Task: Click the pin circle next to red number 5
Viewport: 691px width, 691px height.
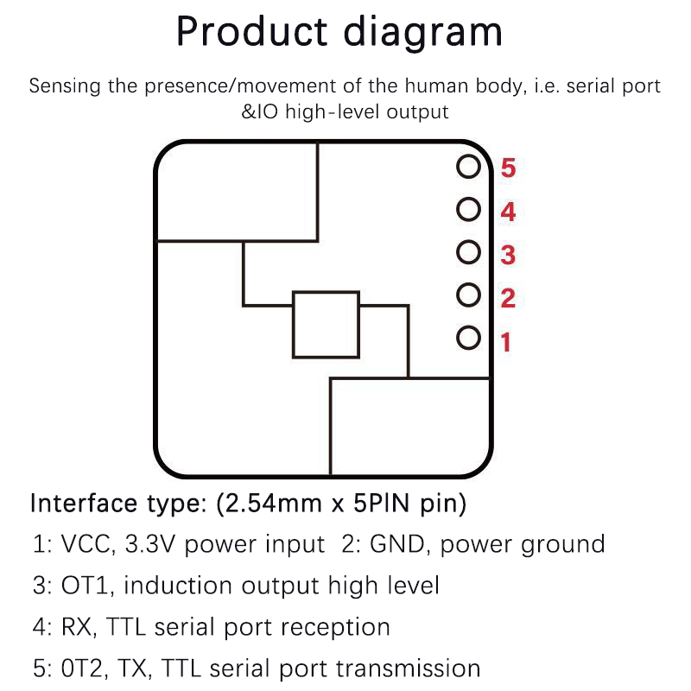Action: pos(468,166)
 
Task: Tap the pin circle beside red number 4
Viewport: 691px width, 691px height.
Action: pos(468,209)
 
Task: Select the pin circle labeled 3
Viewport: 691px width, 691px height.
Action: pos(468,252)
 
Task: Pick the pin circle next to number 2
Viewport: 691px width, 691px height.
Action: pos(468,295)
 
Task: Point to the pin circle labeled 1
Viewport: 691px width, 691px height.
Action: pos(468,338)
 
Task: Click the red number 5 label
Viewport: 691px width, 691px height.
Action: pos(508,168)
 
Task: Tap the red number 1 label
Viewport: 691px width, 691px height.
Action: pos(506,343)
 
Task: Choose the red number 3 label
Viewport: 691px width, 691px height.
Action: pos(508,256)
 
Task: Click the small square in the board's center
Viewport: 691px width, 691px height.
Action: pos(326,324)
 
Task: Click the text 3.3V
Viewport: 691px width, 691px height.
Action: pos(152,545)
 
